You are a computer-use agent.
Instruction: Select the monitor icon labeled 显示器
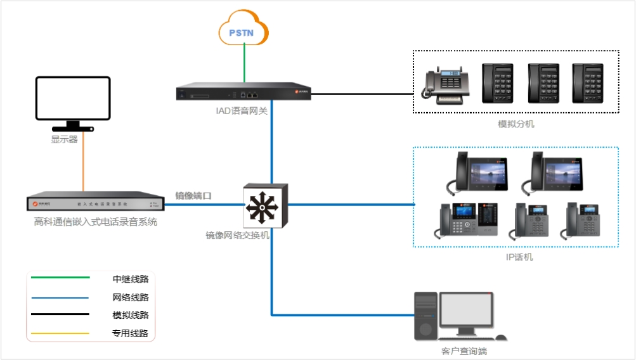tap(73, 100)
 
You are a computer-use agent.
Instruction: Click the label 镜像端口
tap(193, 196)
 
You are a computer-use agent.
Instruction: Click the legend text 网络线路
tap(130, 297)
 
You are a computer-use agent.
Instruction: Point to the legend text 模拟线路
tap(130, 315)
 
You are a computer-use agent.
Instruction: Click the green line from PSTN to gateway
tap(244, 64)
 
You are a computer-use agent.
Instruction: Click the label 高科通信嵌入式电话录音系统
tap(95, 222)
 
